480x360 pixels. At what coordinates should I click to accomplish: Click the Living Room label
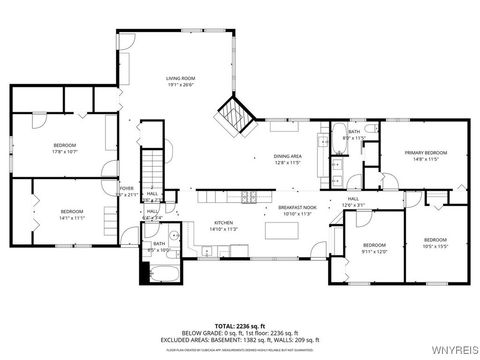tap(180, 81)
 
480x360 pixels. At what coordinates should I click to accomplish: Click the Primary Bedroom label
tap(426, 155)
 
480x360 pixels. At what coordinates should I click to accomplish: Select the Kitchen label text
tap(224, 225)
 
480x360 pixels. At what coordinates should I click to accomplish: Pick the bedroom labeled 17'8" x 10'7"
tap(64, 149)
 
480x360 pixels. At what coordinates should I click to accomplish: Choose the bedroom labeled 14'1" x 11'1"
tap(71, 214)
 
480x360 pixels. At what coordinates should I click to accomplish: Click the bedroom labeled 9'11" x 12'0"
tap(374, 248)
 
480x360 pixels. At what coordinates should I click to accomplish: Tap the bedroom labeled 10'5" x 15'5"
tap(434, 243)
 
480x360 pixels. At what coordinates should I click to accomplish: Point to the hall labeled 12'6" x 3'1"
tap(354, 202)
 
